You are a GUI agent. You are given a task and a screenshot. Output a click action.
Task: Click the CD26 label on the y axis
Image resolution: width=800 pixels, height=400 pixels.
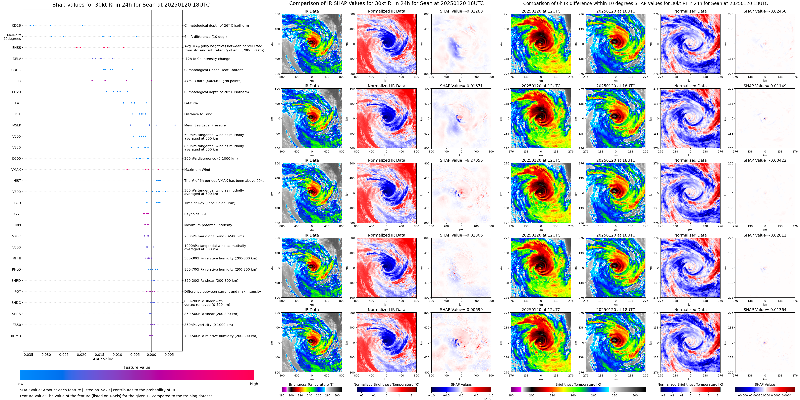click(17, 25)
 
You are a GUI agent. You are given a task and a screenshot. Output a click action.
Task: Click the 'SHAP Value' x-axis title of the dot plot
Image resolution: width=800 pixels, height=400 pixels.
click(102, 359)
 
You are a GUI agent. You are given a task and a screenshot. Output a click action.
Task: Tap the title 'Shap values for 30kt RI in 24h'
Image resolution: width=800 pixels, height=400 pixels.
click(131, 5)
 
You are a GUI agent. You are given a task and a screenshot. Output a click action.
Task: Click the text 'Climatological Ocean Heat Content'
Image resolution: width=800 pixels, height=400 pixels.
click(213, 70)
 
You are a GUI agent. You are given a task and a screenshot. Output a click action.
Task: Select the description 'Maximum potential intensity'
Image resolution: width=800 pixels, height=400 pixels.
click(208, 225)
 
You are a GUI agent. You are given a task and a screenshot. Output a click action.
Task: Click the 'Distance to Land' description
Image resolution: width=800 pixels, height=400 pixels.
click(198, 114)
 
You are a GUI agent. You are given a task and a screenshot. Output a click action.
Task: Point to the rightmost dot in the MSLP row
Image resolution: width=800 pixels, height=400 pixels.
click(175, 125)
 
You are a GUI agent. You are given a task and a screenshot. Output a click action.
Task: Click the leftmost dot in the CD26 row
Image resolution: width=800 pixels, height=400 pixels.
click(30, 25)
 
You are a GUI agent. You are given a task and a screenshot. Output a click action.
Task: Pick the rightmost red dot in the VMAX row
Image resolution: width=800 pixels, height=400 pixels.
click(159, 169)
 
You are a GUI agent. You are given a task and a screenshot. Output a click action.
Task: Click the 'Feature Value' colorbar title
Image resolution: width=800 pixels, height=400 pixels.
click(137, 367)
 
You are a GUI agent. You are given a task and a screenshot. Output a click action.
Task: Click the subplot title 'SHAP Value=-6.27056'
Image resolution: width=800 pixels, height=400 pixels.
click(461, 160)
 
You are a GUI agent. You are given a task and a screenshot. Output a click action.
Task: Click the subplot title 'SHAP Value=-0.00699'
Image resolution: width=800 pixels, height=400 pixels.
click(461, 310)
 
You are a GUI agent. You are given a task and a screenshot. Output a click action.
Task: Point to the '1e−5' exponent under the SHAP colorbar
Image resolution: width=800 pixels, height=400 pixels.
click(487, 399)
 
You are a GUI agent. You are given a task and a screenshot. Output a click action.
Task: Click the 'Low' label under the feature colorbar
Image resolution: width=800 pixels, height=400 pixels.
click(20, 384)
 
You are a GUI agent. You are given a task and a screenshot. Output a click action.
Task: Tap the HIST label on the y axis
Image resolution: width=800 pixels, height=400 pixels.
click(17, 181)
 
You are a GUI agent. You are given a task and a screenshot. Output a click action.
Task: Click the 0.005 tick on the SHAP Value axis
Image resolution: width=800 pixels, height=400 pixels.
click(169, 354)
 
